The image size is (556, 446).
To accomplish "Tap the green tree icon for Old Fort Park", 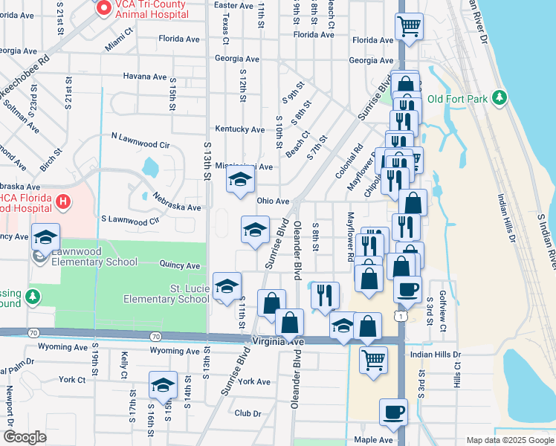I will [x=502, y=98].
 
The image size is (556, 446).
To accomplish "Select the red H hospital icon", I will [x=64, y=201].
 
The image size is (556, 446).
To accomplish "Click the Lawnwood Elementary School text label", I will [x=92, y=262].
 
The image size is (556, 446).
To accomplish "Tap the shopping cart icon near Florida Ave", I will [x=409, y=27].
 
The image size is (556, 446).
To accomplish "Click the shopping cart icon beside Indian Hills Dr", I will [x=373, y=359].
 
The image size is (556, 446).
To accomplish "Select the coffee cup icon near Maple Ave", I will [x=393, y=411].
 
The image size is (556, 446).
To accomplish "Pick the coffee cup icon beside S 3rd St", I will [x=407, y=288].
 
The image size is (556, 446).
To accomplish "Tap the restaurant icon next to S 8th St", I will [x=325, y=294].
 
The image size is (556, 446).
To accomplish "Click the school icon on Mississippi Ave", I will [x=240, y=181].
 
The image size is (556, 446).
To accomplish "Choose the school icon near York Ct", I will [x=163, y=384].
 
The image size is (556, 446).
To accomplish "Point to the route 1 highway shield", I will [x=401, y=317].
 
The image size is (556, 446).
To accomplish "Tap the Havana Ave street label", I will [x=145, y=76].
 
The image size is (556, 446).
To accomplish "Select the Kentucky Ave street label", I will [x=239, y=129].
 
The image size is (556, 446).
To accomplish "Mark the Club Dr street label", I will [x=248, y=413].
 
